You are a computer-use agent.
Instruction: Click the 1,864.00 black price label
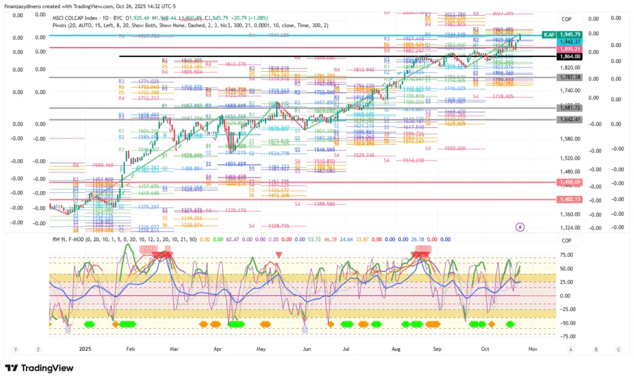[x=568, y=57]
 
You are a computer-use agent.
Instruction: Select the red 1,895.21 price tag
[x=568, y=49]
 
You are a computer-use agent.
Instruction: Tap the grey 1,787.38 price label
[x=568, y=77]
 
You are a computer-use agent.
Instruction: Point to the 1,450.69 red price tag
[x=568, y=182]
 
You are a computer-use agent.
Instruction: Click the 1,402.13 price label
[x=568, y=199]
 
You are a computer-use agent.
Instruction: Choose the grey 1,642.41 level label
[x=568, y=119]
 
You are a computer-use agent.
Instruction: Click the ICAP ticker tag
[x=548, y=35]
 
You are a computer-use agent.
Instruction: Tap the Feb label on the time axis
[x=130, y=349]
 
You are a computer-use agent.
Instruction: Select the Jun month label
[x=306, y=349]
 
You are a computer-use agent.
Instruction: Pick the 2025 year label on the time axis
[x=85, y=349]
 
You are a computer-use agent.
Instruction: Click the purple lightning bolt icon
[x=521, y=228]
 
